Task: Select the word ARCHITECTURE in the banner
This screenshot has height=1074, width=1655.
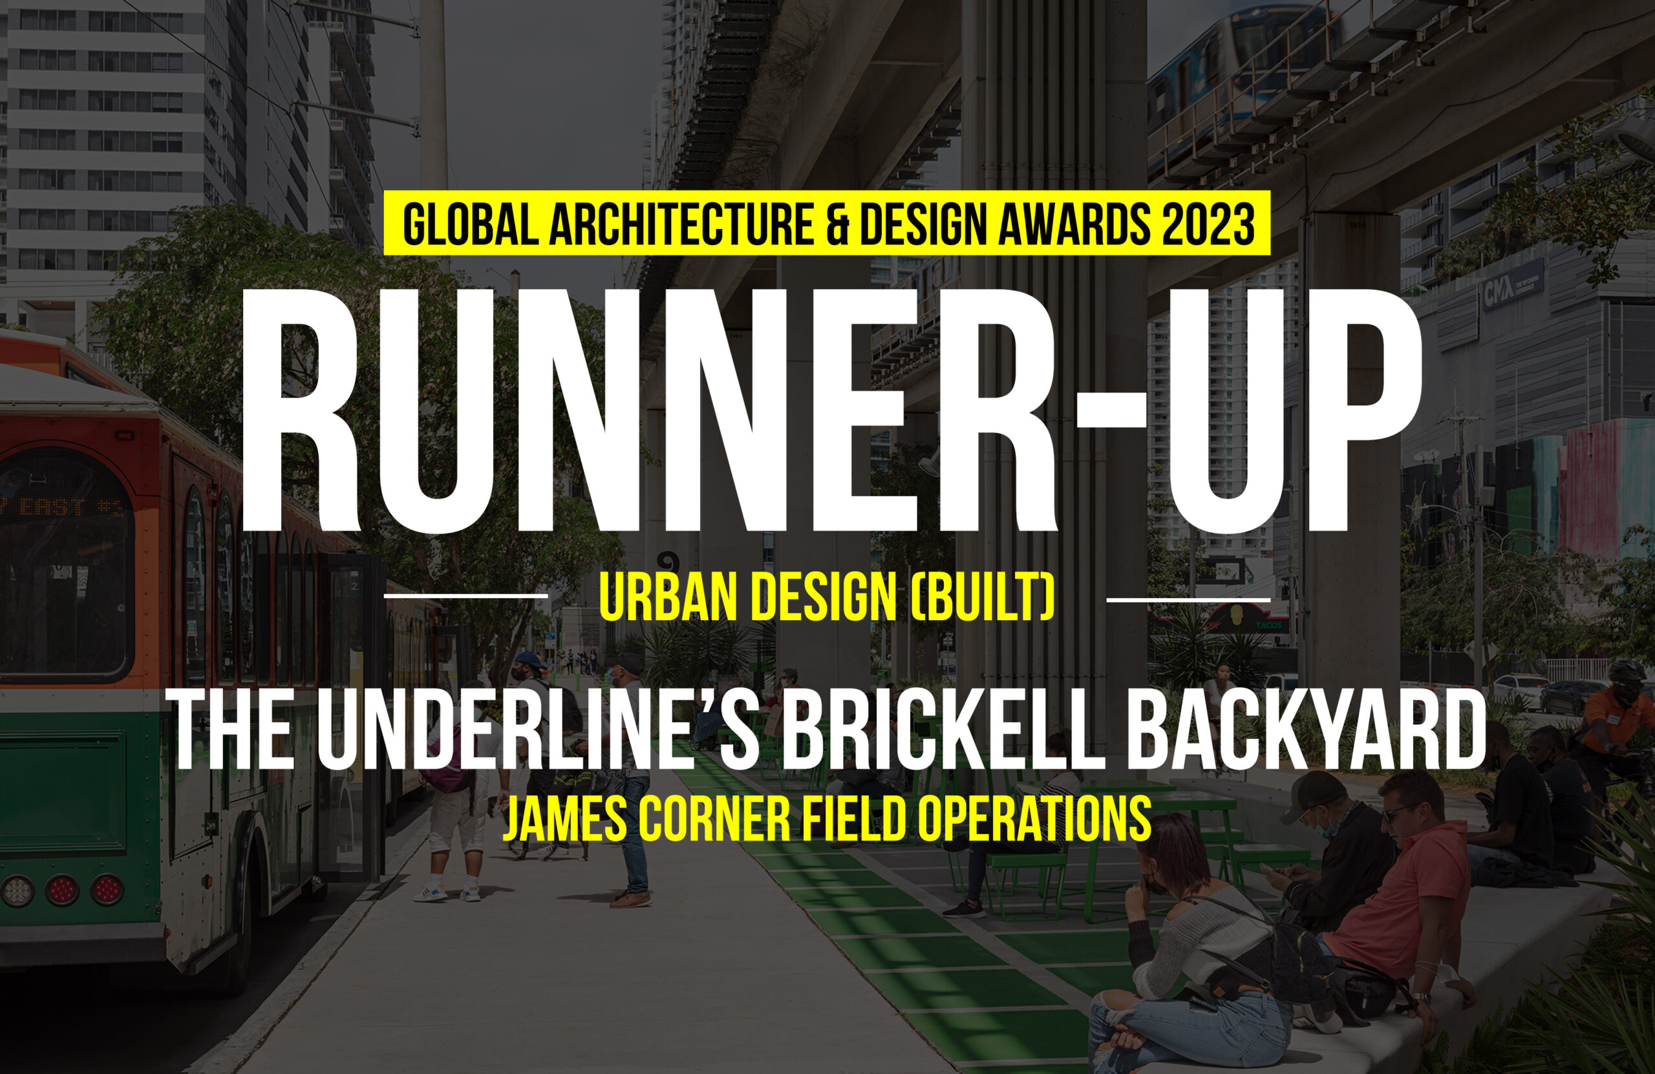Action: pos(681,224)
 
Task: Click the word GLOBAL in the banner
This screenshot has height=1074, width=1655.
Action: pos(470,224)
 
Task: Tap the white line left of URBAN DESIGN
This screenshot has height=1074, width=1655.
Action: pos(466,596)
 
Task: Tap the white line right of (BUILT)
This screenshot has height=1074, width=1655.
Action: pos(1188,598)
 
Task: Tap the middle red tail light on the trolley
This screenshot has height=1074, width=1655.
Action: pos(62,890)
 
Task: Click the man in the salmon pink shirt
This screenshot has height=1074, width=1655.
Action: pos(1398,897)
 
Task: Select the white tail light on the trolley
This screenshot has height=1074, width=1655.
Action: pos(17,891)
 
